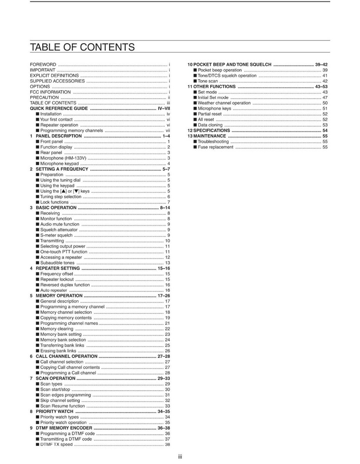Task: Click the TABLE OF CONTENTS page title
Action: coord(82,47)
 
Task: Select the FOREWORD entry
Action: coord(43,64)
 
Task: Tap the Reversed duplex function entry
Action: coord(65,284)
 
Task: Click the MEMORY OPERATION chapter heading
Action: coord(59,296)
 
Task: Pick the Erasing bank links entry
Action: coord(58,351)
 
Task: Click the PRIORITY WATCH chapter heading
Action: coord(54,411)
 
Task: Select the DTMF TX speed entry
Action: coord(56,444)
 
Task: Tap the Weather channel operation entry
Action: coord(224,103)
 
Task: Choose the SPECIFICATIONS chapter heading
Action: coord(212,130)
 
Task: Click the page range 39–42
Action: coord(321,64)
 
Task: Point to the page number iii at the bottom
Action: coord(180,457)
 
